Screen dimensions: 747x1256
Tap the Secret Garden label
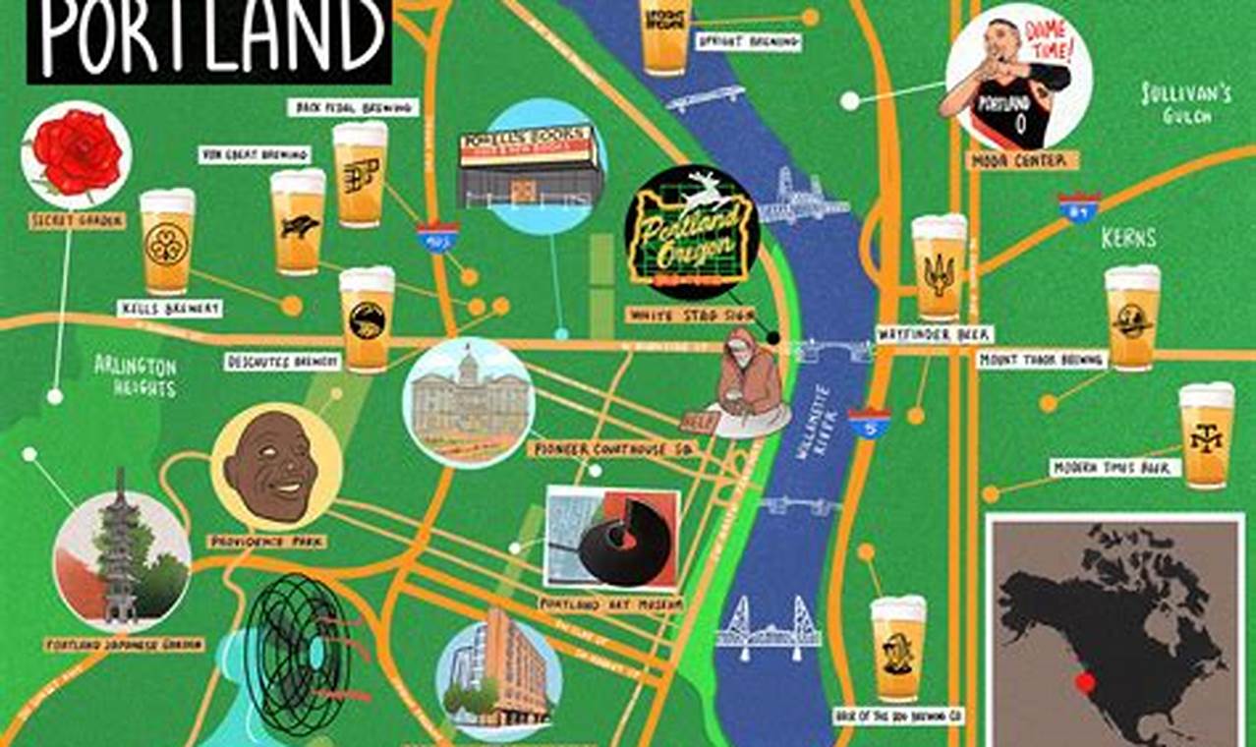tap(77, 221)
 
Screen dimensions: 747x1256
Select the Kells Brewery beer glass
tap(167, 242)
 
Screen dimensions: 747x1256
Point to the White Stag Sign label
tap(691, 315)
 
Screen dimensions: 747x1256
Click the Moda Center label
tap(1010, 160)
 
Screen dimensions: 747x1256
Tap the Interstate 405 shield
tap(436, 238)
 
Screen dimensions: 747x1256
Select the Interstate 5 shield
tap(869, 424)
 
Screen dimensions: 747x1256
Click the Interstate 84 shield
tap(1078, 207)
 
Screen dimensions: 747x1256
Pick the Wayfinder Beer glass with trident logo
tap(939, 266)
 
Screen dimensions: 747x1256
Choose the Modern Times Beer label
tap(1114, 468)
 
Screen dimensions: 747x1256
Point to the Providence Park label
tap(266, 541)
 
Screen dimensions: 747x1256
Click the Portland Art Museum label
tap(610, 604)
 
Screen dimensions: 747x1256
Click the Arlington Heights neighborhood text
tap(136, 375)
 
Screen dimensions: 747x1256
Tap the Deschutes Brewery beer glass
tap(367, 318)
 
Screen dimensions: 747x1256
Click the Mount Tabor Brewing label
tap(1042, 361)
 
